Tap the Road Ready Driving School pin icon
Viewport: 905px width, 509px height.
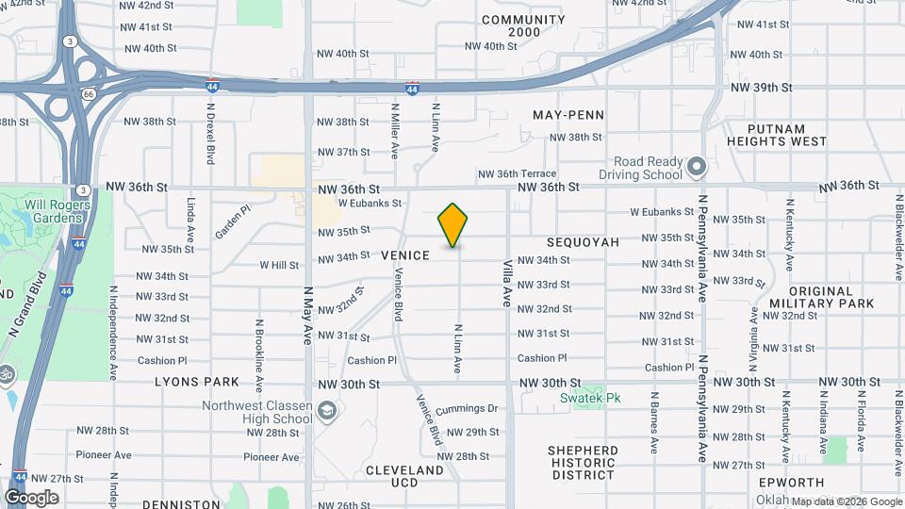pos(697,168)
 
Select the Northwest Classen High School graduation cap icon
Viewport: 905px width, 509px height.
pos(326,412)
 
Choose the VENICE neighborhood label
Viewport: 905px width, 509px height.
pos(405,255)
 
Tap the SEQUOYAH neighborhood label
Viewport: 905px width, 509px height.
pos(583,242)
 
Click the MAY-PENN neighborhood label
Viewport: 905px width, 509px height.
pos(568,115)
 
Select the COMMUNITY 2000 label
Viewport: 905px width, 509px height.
pos(524,25)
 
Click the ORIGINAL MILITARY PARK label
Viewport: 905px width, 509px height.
pos(831,298)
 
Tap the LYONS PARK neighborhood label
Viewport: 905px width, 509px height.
pos(197,383)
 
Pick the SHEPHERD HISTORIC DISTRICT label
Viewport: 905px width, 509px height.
pos(584,462)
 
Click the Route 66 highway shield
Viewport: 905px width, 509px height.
pos(89,93)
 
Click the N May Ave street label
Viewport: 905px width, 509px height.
pos(306,318)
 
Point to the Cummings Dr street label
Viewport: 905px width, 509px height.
pos(466,409)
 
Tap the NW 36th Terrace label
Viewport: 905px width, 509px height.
pos(517,173)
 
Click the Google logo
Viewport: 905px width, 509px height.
pos(31,498)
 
